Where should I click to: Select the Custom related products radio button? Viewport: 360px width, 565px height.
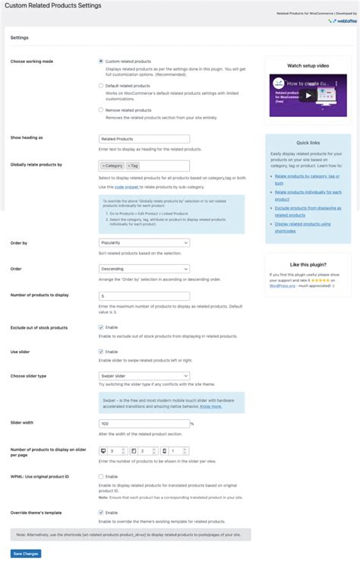[101, 61]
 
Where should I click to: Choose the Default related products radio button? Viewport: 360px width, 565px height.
[101, 85]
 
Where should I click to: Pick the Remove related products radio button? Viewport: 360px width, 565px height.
[101, 109]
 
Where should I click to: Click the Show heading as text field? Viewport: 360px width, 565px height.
[144, 139]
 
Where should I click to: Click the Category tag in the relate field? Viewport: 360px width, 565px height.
[112, 165]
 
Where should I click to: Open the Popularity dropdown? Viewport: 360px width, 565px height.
[144, 243]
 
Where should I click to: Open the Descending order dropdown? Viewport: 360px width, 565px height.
[144, 269]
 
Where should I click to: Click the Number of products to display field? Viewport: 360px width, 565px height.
[144, 295]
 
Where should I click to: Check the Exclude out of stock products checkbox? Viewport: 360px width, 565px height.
[101, 327]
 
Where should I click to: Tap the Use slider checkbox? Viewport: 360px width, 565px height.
[101, 352]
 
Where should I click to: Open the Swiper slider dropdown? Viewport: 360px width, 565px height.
[144, 375]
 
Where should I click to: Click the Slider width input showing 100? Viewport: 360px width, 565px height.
[144, 423]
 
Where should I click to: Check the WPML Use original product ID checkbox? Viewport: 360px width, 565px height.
[101, 476]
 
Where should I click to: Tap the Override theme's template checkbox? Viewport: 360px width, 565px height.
[101, 512]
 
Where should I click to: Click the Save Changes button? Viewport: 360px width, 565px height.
[26, 554]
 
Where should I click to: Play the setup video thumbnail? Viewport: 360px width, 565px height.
[307, 96]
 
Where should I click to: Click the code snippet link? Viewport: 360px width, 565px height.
[127, 186]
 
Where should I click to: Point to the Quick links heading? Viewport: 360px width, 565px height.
[308, 143]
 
